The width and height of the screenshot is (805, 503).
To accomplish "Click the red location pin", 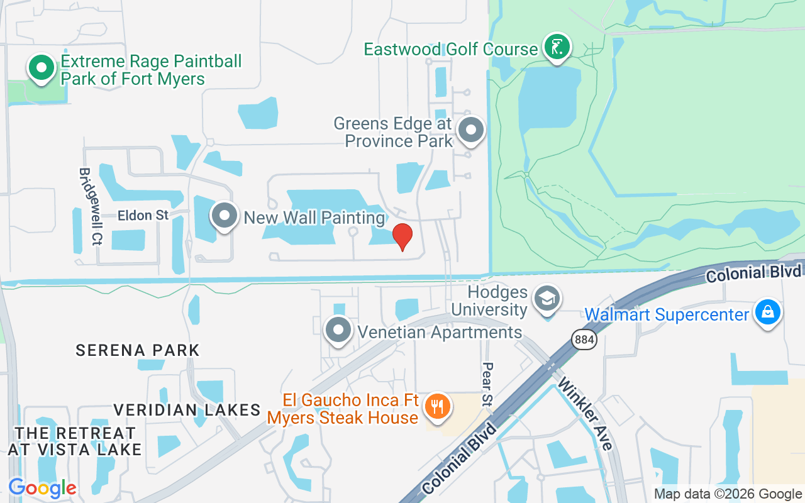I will (402, 237).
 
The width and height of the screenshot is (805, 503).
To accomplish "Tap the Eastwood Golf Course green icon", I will (557, 47).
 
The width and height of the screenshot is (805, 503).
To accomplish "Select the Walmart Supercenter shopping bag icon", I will (768, 312).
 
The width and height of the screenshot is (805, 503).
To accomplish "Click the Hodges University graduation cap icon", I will (547, 299).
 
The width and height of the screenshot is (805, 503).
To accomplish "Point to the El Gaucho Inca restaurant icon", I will (435, 406).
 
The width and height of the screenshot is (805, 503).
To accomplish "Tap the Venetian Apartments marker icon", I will (339, 329).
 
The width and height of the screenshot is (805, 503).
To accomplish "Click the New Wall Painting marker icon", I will (225, 216).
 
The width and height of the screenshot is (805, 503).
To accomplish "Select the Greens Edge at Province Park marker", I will (471, 130).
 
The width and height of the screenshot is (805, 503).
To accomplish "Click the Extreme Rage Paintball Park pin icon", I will (42, 67).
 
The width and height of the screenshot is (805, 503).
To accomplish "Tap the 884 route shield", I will (584, 340).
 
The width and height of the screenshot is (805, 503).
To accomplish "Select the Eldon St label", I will (143, 216).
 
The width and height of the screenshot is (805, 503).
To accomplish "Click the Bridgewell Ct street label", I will (89, 206).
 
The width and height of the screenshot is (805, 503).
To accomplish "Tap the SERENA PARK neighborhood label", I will (138, 350).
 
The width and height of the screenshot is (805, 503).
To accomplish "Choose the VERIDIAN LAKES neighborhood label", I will (187, 410).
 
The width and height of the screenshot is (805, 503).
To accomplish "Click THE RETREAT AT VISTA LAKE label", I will (75, 441).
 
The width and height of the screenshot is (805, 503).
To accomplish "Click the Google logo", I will (42, 488).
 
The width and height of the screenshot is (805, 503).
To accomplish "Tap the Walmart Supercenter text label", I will (667, 314).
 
